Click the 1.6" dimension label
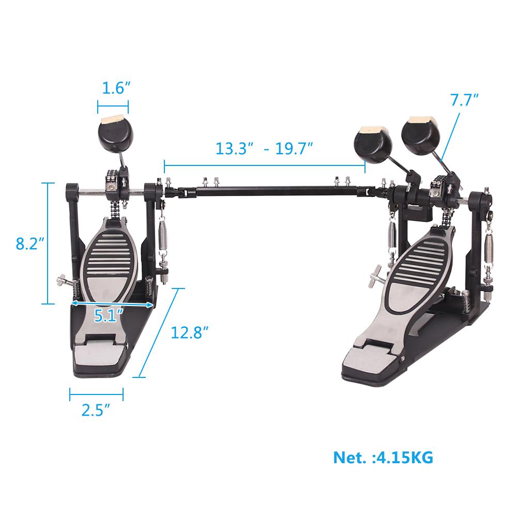coord(113,88)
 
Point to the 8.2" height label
coord(27,243)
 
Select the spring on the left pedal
coord(162,235)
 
